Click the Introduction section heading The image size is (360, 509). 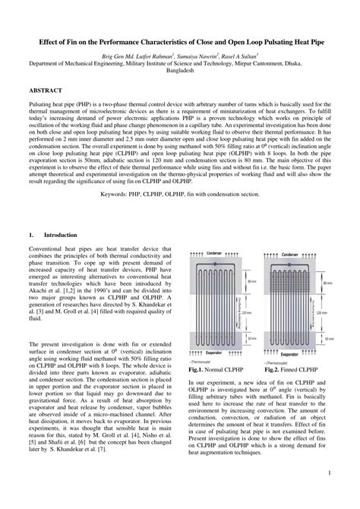tap(65, 236)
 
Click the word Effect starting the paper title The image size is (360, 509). tap(39, 44)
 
